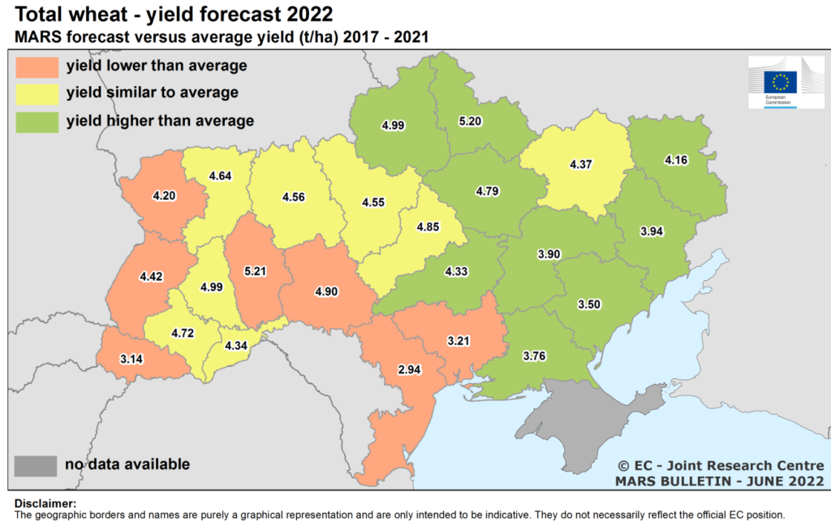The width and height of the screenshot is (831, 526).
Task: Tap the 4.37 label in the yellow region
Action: (x=580, y=165)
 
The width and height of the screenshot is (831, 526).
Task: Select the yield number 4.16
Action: (x=676, y=160)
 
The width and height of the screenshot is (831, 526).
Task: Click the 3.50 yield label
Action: (x=590, y=304)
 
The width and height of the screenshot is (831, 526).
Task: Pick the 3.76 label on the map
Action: (x=536, y=356)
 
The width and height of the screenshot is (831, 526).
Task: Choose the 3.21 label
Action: (x=459, y=341)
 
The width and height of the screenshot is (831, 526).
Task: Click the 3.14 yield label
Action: (x=131, y=359)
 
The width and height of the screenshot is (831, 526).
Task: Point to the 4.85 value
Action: (x=428, y=226)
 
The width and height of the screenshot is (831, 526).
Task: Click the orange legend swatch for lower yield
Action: (x=36, y=66)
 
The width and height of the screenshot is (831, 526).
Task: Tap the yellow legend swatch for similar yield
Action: (x=36, y=93)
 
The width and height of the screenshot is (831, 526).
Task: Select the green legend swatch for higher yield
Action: (x=36, y=121)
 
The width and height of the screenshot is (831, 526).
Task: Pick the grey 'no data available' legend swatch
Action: (x=36, y=465)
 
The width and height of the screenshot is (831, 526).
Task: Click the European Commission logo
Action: (x=785, y=82)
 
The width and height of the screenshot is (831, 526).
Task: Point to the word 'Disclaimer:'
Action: (x=45, y=504)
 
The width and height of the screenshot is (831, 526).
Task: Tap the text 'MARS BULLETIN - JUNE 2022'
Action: (x=719, y=481)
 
